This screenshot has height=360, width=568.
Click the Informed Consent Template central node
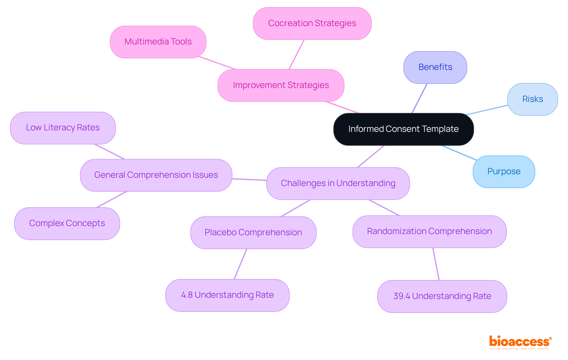[x=404, y=129]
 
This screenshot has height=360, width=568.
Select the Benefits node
[x=435, y=67]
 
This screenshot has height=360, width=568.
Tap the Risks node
[x=532, y=99]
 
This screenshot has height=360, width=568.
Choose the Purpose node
[x=504, y=172]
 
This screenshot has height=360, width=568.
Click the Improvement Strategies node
[x=281, y=85]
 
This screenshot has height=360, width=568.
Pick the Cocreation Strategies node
[x=312, y=23]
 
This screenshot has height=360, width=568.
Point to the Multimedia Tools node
[x=158, y=42]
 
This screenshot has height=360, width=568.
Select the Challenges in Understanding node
[x=338, y=183]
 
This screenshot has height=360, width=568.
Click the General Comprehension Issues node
[x=156, y=175]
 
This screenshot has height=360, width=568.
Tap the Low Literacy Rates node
[x=63, y=128]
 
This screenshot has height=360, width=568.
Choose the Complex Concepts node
[x=67, y=223]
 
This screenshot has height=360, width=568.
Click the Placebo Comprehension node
[x=253, y=233]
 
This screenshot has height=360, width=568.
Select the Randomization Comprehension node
[x=429, y=231]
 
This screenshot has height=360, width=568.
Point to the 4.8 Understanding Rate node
[x=227, y=295]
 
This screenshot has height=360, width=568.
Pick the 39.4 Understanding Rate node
[x=442, y=296]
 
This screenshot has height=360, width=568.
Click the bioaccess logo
[x=520, y=342]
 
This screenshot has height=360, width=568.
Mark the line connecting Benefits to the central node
[x=419, y=98]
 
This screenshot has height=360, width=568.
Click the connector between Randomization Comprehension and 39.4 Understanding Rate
[x=436, y=264]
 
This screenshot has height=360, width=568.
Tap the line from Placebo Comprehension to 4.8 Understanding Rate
[x=241, y=264]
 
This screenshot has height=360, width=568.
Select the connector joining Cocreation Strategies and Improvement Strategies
[x=296, y=55]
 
